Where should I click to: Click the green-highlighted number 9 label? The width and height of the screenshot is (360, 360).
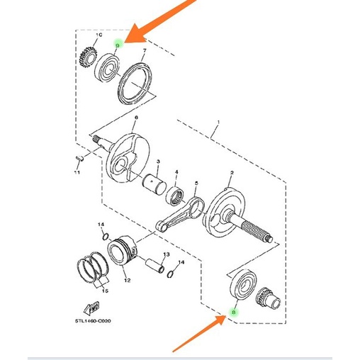(118, 44)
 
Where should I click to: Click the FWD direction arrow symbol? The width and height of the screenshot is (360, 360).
(90, 308)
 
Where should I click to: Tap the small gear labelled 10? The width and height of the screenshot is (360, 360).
(89, 55)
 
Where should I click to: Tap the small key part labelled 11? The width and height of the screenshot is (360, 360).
(79, 157)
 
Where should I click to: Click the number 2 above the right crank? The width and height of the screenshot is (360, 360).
(232, 172)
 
